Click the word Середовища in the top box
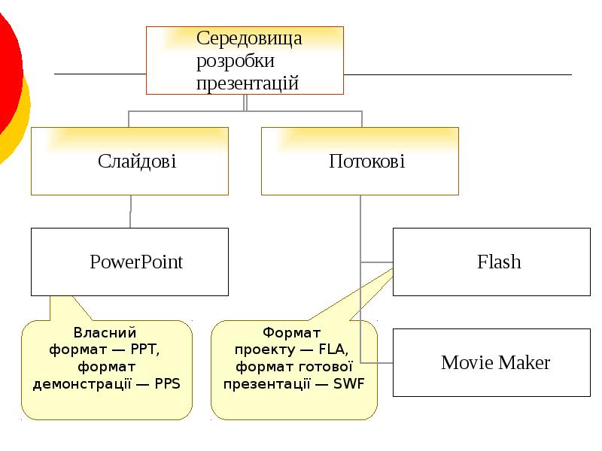(x=249, y=38)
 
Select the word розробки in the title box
(x=235, y=60)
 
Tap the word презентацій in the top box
(x=248, y=83)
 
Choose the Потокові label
(x=366, y=161)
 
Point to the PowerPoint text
(x=136, y=262)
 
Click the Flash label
(x=499, y=262)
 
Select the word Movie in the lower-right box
(x=466, y=363)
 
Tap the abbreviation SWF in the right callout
(x=348, y=383)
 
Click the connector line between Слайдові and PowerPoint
(x=131, y=212)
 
